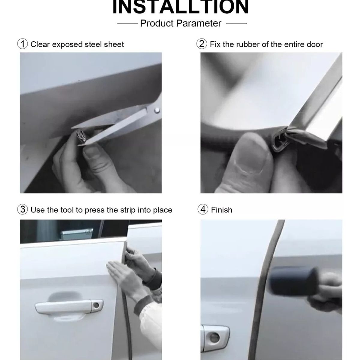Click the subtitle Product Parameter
pyautogui.click(x=181, y=23)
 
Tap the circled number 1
pyautogui.click(x=22, y=44)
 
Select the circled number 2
pyautogui.click(x=202, y=44)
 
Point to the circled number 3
pyautogui.click(x=22, y=209)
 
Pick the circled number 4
pyautogui.click(x=203, y=209)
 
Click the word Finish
pyautogui.click(x=221, y=210)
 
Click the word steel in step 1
pyautogui.click(x=93, y=44)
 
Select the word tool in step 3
pyautogui.click(x=66, y=210)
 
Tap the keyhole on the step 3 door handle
pyautogui.click(x=96, y=306)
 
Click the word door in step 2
pyautogui.click(x=314, y=44)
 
